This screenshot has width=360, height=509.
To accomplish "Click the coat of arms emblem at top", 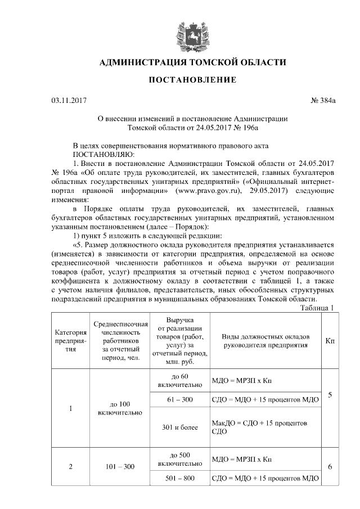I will tap(183, 31).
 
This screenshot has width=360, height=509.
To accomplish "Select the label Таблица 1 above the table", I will tap(318, 307).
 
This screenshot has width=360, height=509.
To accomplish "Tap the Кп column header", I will tap(330, 341).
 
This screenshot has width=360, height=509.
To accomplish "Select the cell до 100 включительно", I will tap(121, 408).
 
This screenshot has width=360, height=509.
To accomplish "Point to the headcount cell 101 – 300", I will tap(121, 466).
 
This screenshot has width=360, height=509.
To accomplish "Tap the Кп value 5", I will tap(330, 395).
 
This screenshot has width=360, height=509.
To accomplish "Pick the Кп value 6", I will tap(330, 467).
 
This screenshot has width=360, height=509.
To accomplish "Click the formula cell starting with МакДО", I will tap(262, 427).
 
